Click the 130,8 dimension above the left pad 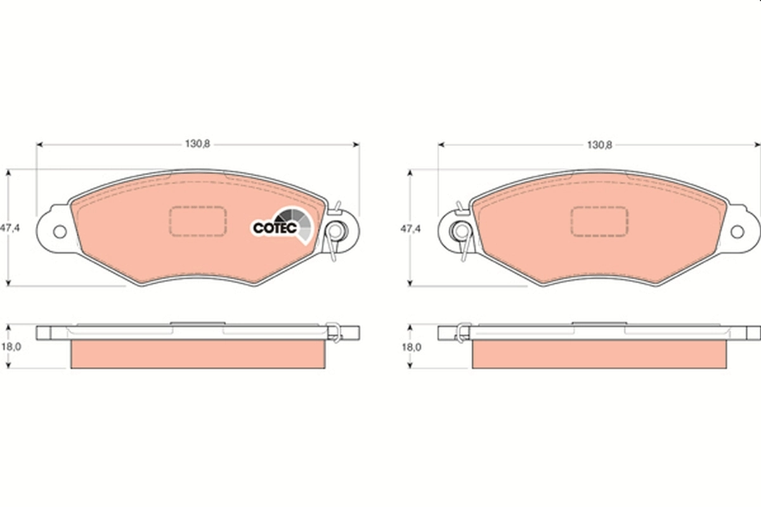point(197,144)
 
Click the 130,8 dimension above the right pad point(599,144)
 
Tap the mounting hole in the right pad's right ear point(737,232)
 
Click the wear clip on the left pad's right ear point(335,232)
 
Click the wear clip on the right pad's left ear point(460,232)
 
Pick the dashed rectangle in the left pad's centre point(197,221)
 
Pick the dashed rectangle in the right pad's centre point(599,221)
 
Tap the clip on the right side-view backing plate point(464,331)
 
